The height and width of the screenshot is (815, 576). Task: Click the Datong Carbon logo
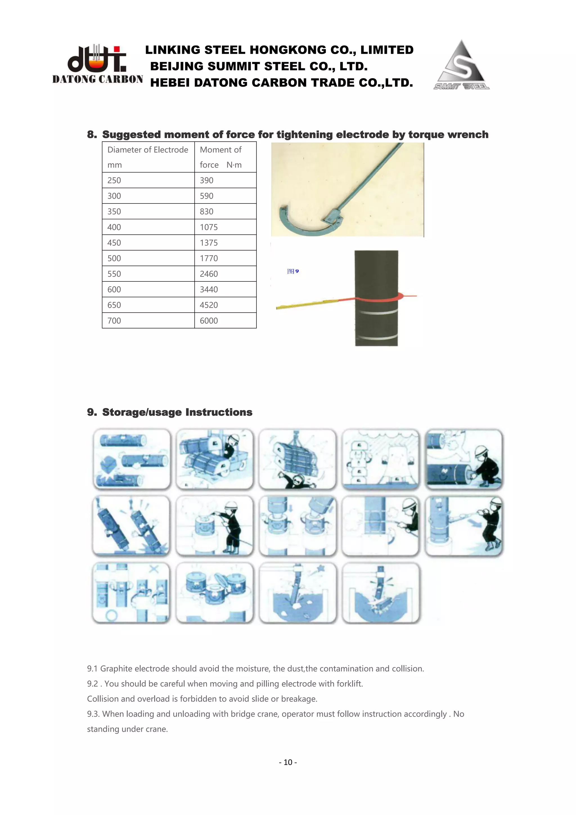97,64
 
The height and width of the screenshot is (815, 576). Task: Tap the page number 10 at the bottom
288,762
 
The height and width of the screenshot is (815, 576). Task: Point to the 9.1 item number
92,669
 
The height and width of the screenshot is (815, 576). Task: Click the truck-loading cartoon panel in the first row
215,459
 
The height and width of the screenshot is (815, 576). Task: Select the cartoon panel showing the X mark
131,593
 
